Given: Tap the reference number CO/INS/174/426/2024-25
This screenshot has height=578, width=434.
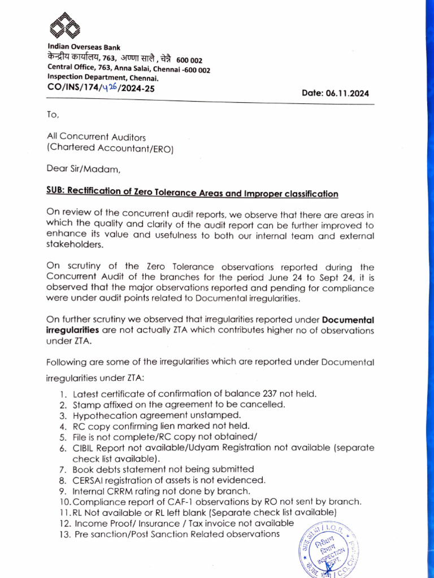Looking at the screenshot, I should [x=101, y=88].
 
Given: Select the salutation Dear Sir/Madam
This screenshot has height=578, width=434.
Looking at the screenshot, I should [x=84, y=168].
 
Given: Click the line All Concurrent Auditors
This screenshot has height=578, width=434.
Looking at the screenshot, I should [x=96, y=137].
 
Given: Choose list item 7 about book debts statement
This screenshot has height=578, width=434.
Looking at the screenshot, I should [x=163, y=469].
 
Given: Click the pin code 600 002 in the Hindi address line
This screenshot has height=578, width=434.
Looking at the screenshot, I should [x=190, y=60].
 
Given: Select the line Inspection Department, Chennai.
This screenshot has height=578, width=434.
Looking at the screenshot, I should [x=103, y=78].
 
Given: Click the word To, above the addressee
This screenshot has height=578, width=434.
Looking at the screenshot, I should [x=53, y=114].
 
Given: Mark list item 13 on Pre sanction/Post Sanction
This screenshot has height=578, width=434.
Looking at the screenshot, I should [x=176, y=533].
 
